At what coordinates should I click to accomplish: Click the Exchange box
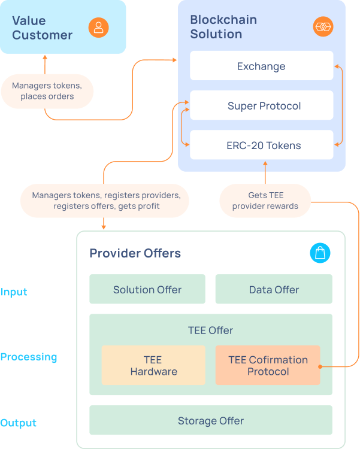261,66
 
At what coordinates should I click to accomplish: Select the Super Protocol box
261,106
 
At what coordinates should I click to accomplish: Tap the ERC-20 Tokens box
261,145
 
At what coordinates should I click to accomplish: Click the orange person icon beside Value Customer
99,27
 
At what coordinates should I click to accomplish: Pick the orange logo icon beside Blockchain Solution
323,27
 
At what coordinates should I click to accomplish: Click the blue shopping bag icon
320,253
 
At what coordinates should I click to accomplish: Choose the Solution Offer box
147,289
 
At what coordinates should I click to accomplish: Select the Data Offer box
274,289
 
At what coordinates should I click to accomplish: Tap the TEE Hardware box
153,365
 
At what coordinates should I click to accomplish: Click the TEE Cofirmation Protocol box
268,365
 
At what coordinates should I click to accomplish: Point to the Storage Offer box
211,420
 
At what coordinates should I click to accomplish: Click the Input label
14,292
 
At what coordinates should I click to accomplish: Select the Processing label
29,357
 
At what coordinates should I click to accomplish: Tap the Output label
19,423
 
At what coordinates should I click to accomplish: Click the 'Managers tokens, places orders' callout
47,91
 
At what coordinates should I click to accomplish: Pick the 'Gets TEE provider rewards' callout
265,201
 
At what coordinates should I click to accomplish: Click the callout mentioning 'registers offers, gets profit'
105,201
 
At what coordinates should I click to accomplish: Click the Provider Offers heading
135,253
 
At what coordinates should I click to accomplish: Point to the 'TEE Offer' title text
211,330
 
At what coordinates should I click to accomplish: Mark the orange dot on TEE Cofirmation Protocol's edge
320,366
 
